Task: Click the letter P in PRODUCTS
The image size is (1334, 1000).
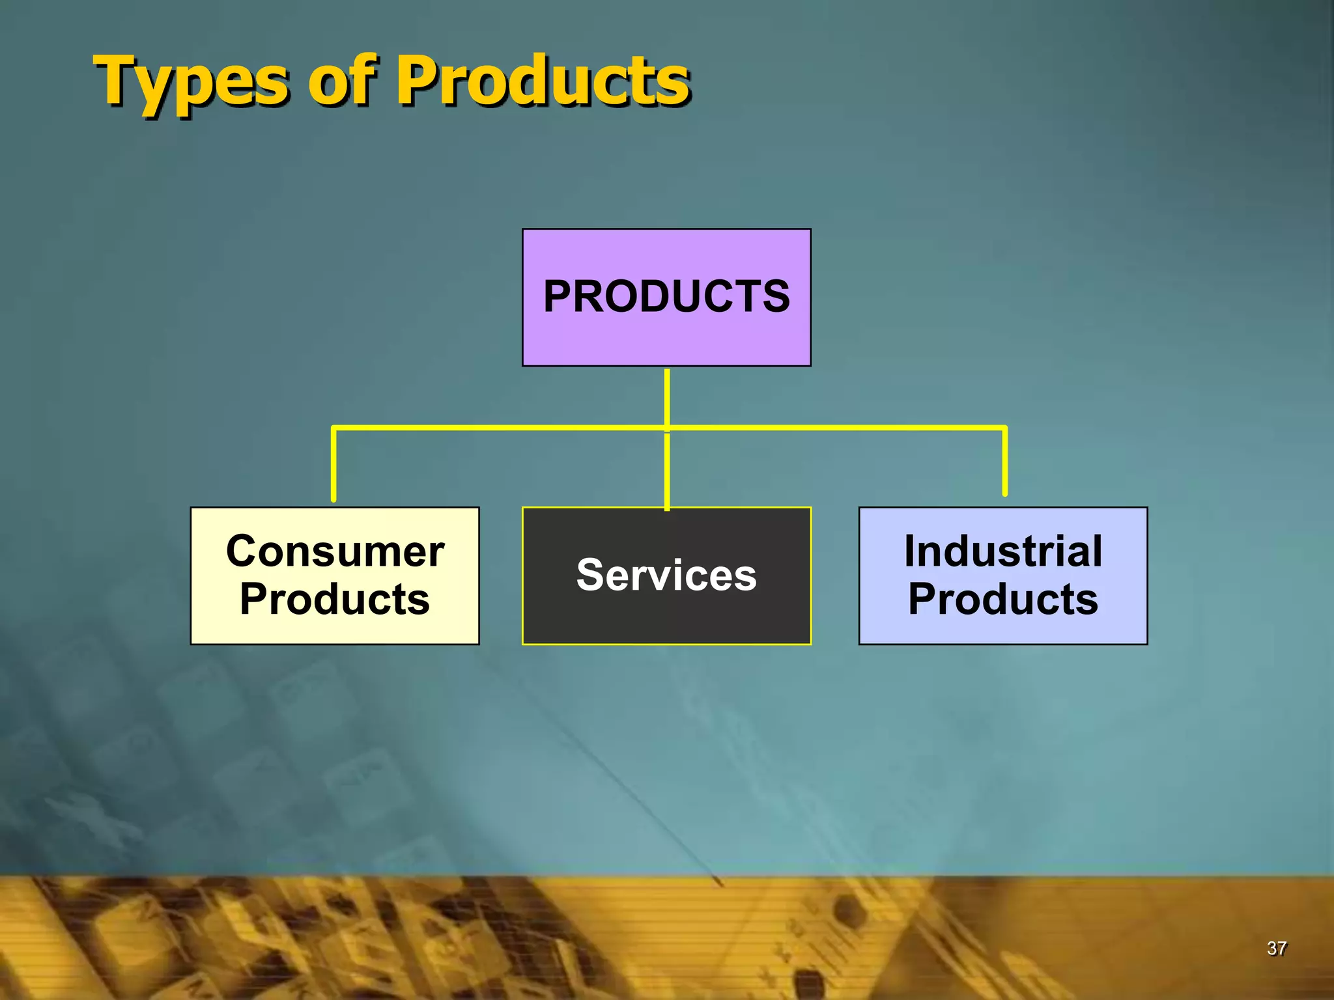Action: tap(558, 297)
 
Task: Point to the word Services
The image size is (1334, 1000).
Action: tap(666, 576)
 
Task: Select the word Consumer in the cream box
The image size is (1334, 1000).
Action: tap(335, 551)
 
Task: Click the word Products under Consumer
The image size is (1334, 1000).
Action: tap(335, 599)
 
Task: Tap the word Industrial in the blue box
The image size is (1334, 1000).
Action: tap(1003, 551)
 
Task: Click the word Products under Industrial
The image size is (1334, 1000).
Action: tap(1003, 599)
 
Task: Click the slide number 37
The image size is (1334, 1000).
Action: tap(1276, 949)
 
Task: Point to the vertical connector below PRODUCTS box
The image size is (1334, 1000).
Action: tap(667, 397)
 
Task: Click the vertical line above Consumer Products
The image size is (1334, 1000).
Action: tap(333, 465)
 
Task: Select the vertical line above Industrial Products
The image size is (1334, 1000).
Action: tap(1005, 462)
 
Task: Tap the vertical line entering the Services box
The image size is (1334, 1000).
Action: tap(667, 472)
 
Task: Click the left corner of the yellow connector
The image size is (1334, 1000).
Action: tap(334, 428)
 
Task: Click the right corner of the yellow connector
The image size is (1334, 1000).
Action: tap(1004, 428)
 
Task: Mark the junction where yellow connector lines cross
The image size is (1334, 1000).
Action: tap(667, 428)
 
